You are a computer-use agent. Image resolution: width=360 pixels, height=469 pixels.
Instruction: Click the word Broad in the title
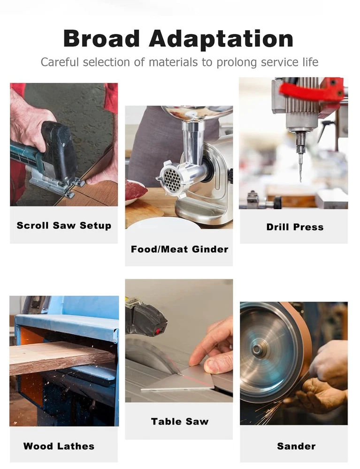[x=101, y=38]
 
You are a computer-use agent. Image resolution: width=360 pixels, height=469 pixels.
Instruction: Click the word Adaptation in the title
[x=221, y=39]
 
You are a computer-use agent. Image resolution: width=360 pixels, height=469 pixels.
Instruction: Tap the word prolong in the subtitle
[x=237, y=62]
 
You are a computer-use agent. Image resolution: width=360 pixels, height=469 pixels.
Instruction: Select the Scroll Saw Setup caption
[x=64, y=225]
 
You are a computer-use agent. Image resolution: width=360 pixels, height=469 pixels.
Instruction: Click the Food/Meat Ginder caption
[x=180, y=249]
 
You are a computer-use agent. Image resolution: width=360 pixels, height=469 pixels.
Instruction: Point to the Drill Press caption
[x=295, y=227]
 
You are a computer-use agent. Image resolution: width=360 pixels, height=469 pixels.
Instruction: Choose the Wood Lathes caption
[x=59, y=446]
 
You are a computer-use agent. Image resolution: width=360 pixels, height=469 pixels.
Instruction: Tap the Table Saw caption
[x=180, y=422]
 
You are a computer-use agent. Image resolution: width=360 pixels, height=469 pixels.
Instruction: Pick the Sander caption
[x=296, y=446]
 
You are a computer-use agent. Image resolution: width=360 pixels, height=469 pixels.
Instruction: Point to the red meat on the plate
[x=134, y=190]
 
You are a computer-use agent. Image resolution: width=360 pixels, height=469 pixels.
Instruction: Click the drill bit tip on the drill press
[x=300, y=181]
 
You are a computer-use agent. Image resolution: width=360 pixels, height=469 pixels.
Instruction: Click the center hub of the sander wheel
[x=256, y=349]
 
